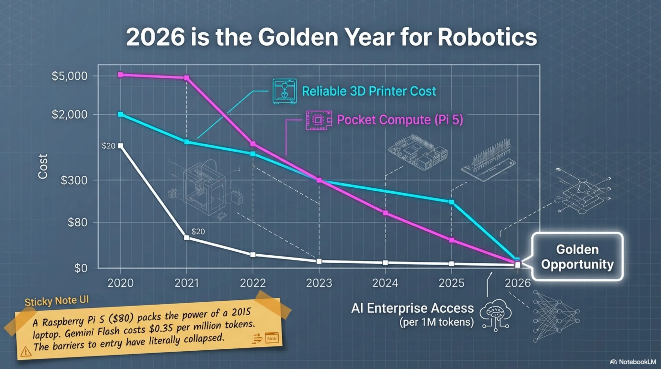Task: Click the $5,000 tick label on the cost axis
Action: coord(70,76)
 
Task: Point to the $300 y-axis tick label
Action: coord(74,180)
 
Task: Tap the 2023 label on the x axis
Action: coord(319,283)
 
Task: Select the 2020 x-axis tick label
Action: coord(120,283)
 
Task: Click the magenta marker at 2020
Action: coord(120,75)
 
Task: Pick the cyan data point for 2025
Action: coord(451,202)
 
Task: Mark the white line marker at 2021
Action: coord(187,238)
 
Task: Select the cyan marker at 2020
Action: coord(120,114)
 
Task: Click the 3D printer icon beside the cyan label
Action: coord(284,91)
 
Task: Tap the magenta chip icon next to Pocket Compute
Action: coord(318,120)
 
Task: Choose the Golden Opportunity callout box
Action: coord(577,257)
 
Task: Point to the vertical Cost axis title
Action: coord(43,166)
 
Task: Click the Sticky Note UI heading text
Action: coord(56,301)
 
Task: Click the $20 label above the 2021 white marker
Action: coord(198,231)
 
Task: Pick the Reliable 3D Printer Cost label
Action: coord(369,91)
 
